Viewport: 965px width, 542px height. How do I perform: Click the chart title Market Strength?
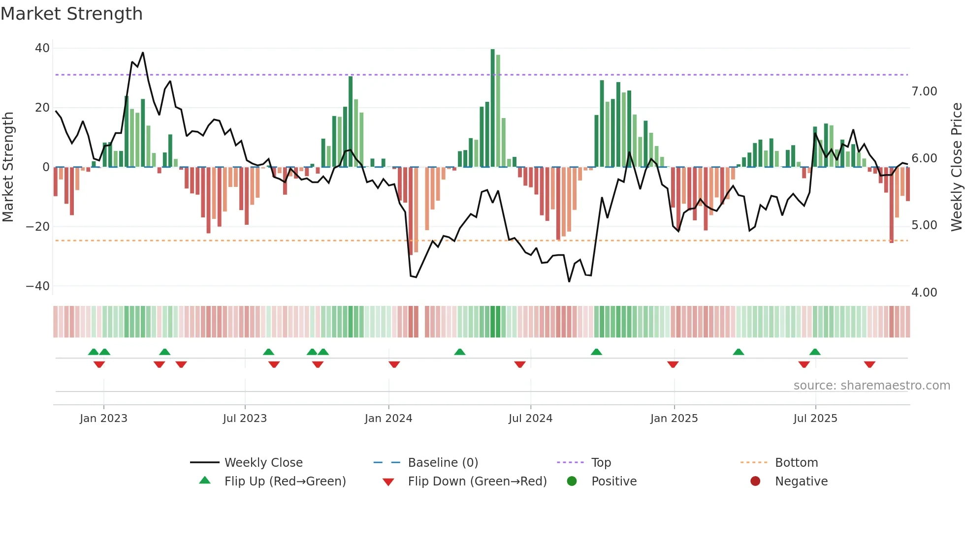tap(71, 14)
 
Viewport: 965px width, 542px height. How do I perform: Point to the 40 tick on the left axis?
tap(42, 48)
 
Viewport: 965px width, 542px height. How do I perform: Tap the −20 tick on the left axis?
tap(38, 227)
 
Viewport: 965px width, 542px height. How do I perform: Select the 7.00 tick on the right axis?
tap(924, 91)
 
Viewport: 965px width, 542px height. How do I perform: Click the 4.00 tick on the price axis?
tap(924, 293)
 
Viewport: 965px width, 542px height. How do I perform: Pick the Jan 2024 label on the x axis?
tap(388, 419)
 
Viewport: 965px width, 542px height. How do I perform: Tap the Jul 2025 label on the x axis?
tap(815, 419)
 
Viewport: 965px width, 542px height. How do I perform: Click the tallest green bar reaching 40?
tap(493, 108)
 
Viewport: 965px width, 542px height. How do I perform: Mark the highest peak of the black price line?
tap(143, 53)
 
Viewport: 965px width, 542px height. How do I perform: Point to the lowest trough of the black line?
tap(569, 281)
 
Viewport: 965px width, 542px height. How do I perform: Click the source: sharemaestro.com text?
tap(871, 386)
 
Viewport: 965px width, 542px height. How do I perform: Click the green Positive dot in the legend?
tap(572, 482)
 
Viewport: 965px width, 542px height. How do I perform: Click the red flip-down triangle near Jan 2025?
tap(673, 364)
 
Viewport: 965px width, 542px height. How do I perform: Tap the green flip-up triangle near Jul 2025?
tap(815, 352)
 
